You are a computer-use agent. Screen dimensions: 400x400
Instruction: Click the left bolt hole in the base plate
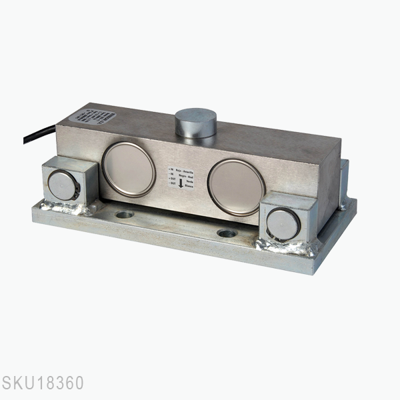(125, 215)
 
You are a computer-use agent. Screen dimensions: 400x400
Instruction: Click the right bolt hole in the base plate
(227, 234)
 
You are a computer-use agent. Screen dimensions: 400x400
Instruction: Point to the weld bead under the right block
(293, 251)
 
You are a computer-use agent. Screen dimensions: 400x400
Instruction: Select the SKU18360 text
(42, 383)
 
